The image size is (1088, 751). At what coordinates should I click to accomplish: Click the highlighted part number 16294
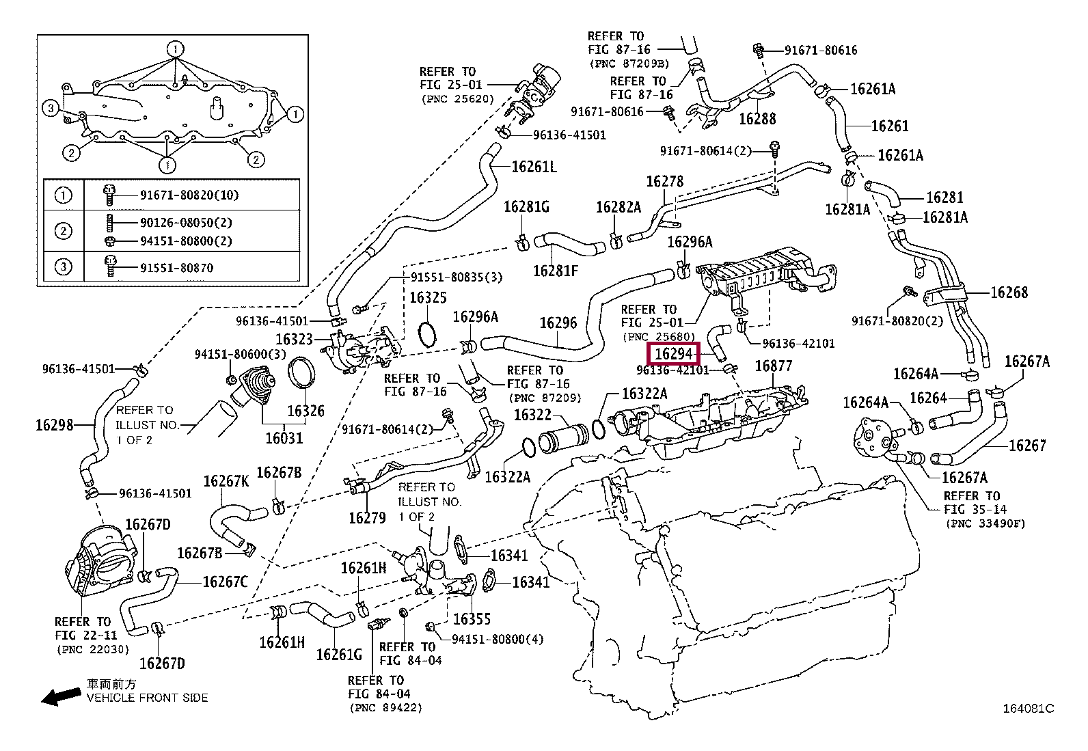click(673, 353)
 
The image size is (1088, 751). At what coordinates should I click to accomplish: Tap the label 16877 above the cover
click(773, 366)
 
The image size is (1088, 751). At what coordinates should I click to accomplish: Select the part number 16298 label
click(55, 425)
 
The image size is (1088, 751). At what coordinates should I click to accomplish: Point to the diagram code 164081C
click(1029, 709)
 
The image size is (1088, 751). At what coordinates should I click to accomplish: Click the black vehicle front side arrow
click(62, 696)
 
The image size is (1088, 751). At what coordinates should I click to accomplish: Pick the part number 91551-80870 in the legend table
click(176, 268)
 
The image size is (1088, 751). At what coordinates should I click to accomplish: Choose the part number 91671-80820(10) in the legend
click(189, 195)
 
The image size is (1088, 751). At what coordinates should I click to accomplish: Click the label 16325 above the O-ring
click(427, 297)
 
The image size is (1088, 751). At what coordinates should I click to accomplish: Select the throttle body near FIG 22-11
click(100, 563)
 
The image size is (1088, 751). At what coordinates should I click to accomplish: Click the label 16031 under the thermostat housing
click(284, 438)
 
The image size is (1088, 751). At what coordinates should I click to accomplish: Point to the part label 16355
click(472, 619)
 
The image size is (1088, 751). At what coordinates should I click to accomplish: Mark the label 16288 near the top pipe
click(757, 118)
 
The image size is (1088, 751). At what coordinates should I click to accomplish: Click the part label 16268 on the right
click(1009, 292)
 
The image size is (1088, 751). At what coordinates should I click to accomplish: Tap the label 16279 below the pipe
click(367, 518)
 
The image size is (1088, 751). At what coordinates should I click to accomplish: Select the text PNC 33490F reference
click(985, 523)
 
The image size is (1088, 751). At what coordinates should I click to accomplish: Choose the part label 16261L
click(534, 167)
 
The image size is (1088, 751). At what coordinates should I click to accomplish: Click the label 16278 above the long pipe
click(664, 181)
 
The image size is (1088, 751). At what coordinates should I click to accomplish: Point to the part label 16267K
click(226, 481)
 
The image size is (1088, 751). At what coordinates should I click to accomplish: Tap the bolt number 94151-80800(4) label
click(498, 640)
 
